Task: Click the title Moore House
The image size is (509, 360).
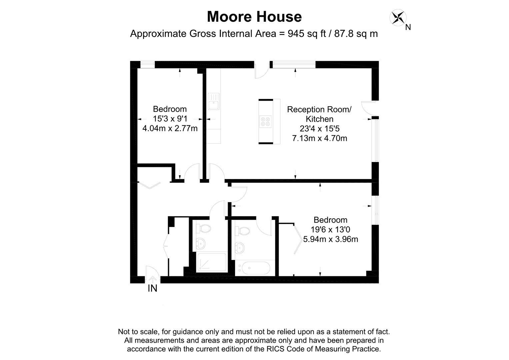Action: tap(254, 17)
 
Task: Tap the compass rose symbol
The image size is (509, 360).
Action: tap(398, 17)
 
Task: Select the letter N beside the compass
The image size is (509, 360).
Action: tap(408, 27)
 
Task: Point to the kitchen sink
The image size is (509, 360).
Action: tap(214, 102)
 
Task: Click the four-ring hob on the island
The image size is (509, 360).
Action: tap(265, 122)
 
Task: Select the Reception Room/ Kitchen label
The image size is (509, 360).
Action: tap(319, 114)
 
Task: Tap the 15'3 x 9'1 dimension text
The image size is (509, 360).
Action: tap(170, 119)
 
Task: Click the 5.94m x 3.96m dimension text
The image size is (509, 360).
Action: tap(330, 239)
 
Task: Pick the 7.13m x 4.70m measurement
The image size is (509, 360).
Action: tap(319, 138)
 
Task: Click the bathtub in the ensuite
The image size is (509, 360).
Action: tap(256, 268)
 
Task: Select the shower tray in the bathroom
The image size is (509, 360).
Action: tap(212, 262)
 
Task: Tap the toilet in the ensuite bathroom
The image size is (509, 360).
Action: tap(242, 231)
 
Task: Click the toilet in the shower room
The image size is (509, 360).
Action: tap(203, 229)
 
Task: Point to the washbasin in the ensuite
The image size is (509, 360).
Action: tap(240, 248)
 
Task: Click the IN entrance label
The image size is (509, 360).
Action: tap(152, 288)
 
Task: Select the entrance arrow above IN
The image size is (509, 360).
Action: tap(152, 279)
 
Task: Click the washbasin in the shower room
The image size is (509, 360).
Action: tap(201, 244)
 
